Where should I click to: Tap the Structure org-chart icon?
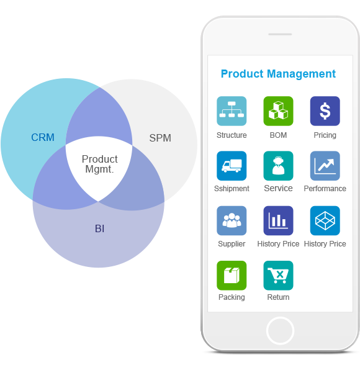[x=232, y=111]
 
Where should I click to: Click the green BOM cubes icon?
[x=278, y=111]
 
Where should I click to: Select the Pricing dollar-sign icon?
[x=325, y=111]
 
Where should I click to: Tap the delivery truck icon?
[x=232, y=166]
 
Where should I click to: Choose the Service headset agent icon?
[x=278, y=166]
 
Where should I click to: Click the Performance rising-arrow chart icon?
[x=325, y=166]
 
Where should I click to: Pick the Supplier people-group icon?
[x=232, y=220]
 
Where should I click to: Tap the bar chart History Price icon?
[x=278, y=220]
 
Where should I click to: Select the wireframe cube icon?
[x=325, y=220]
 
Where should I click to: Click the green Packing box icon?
[x=232, y=276]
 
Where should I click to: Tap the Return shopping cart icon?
[x=278, y=276]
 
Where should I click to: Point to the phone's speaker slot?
[x=280, y=34]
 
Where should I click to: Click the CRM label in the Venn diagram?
[x=43, y=137]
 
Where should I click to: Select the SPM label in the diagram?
[x=160, y=138]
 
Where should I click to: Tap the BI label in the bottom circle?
[x=99, y=228]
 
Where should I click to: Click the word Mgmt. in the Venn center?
[x=99, y=169]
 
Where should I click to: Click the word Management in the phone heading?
[x=301, y=74]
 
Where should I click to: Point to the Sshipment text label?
[x=232, y=189]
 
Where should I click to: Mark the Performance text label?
[x=325, y=189]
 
